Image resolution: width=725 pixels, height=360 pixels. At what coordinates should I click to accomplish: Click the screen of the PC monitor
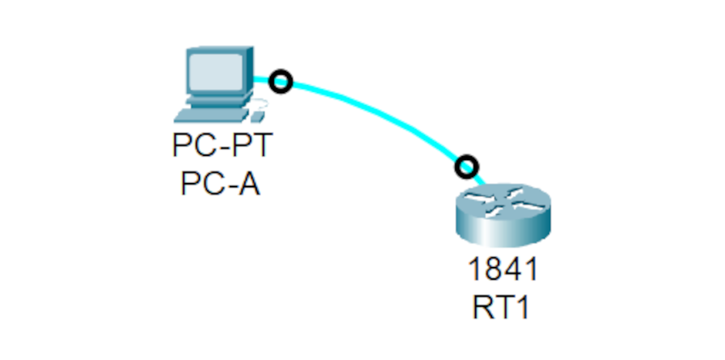point(216,69)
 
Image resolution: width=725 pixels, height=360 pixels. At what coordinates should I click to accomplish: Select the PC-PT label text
point(222,146)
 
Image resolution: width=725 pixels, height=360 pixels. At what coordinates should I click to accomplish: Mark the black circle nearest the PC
point(280,81)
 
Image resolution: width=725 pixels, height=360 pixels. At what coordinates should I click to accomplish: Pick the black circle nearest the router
point(466,166)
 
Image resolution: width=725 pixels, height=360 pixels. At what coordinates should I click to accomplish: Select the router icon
point(503,214)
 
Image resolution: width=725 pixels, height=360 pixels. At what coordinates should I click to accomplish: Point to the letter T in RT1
point(504,308)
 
